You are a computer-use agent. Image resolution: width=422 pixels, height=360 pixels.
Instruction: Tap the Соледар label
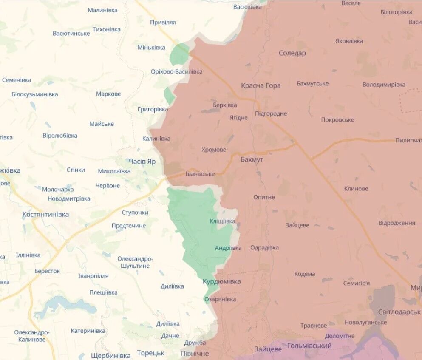pos(292,53)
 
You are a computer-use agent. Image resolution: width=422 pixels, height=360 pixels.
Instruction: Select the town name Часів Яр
pos(142,162)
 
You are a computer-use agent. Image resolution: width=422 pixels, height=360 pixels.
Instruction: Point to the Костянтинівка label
pos(45,215)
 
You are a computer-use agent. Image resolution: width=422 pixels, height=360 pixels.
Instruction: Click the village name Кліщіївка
pos(222,221)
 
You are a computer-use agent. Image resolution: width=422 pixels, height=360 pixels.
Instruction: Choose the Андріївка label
pos(228,248)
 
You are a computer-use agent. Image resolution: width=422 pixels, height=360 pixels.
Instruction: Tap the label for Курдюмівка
pos(221,281)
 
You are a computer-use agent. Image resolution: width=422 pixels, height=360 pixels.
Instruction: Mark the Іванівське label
pos(200,174)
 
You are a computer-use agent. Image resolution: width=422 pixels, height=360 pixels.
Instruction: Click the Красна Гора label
pos(261,85)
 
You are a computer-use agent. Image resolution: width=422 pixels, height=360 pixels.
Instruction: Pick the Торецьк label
pos(150,353)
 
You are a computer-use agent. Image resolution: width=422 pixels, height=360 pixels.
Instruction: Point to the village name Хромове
pos(214,150)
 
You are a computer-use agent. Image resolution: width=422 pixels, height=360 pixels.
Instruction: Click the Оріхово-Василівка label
pos(176,71)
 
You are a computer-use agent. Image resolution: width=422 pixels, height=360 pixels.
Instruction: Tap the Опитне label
pos(264,197)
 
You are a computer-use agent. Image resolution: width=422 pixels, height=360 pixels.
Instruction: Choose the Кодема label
pos(304,274)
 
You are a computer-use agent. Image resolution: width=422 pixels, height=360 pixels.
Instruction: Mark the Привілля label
pos(163,22)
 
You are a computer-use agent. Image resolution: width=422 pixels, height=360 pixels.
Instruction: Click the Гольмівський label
pos(309,346)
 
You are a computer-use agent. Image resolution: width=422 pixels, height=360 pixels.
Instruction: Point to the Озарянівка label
pos(220,299)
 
